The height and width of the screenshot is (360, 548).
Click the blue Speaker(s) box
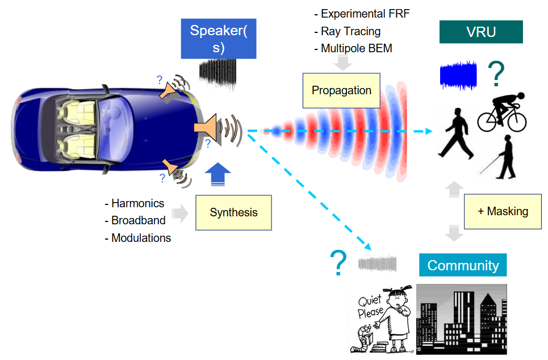tap(219, 39)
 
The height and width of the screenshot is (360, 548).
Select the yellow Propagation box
tap(341, 90)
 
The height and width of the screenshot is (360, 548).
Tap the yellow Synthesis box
tap(233, 212)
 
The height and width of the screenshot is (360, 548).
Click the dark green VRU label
tap(481, 32)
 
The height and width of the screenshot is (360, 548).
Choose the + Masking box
tap(503, 211)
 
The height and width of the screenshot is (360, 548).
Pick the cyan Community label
tap(463, 265)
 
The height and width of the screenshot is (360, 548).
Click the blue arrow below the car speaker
tap(217, 174)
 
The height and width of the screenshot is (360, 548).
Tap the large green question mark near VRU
tap(496, 74)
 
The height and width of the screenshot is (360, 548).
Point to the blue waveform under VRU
tap(458, 75)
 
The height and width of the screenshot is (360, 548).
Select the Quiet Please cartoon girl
tap(383, 319)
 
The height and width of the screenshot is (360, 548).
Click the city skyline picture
tap(461, 319)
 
